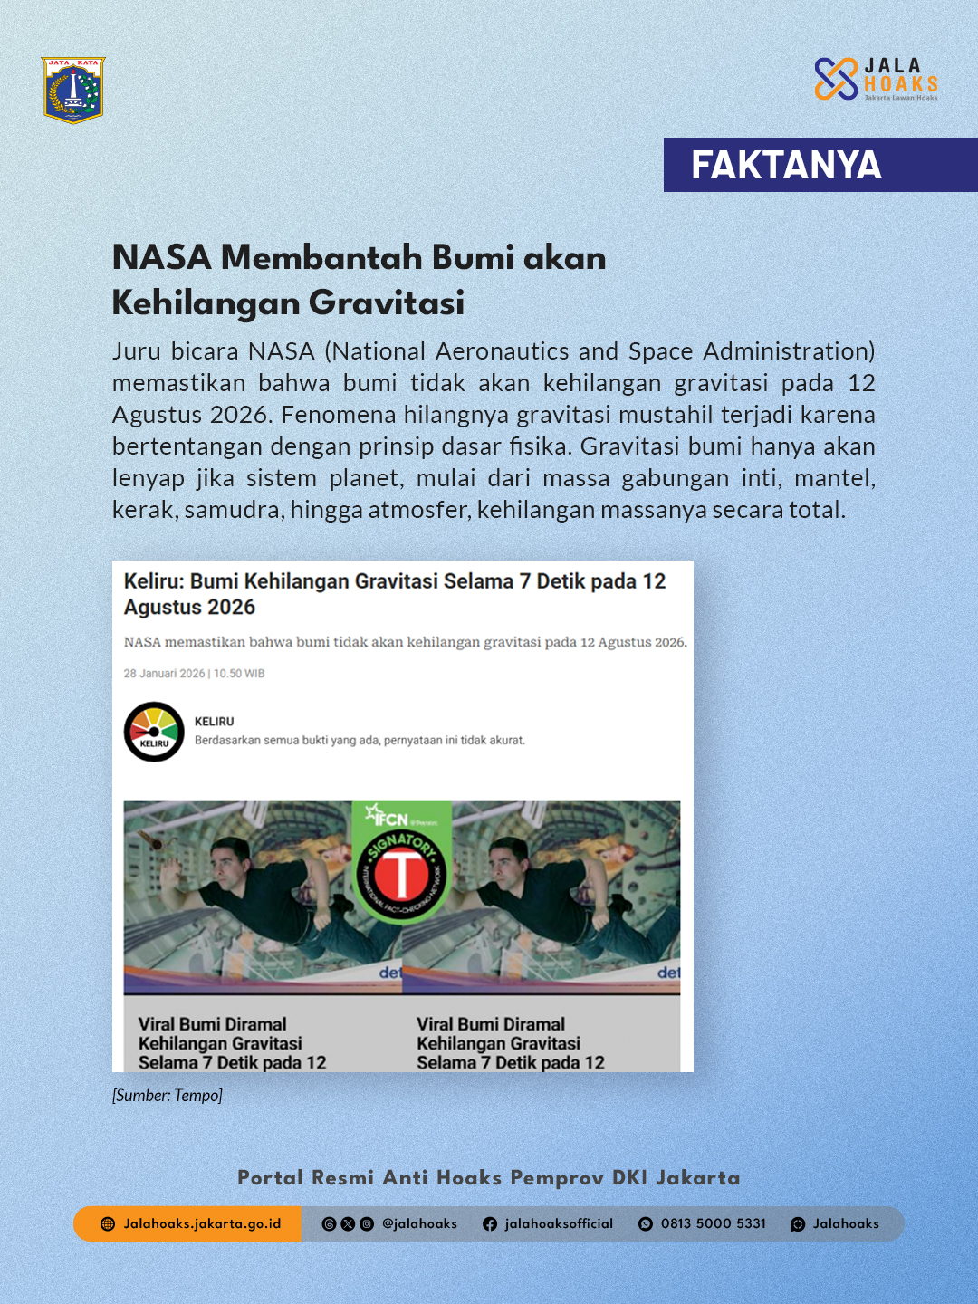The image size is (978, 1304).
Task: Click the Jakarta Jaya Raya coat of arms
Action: (73, 90)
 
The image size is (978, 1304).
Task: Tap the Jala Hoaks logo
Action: (875, 79)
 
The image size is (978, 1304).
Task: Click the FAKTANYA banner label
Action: (786, 165)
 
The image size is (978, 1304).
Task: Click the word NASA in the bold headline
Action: (161, 257)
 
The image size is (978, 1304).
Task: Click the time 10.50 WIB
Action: (239, 674)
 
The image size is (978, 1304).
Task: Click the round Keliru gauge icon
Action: (154, 732)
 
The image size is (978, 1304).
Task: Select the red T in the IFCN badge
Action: (401, 875)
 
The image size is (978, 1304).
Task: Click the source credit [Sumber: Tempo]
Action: (168, 1096)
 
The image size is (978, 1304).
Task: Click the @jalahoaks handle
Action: (419, 1223)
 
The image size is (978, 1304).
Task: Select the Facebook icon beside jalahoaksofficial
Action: (490, 1223)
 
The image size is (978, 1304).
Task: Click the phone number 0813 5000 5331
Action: (713, 1223)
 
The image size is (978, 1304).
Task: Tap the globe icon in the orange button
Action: (108, 1223)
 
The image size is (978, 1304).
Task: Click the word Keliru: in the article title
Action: (154, 581)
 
